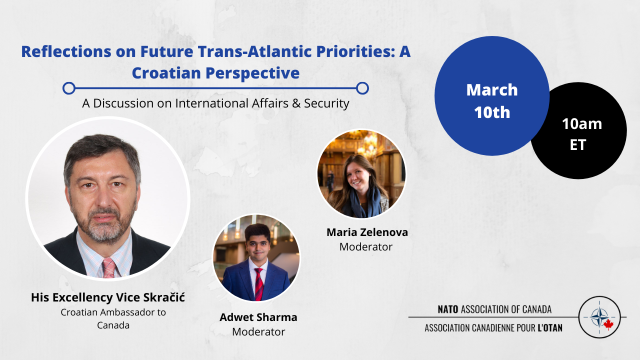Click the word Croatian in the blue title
tap(166, 73)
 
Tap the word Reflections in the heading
tap(66, 51)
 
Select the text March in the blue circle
tap(492, 90)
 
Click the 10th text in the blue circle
tap(492, 112)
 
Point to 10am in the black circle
tap(582, 124)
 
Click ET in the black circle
tap(578, 145)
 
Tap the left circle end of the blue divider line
tap(69, 88)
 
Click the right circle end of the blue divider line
tap(362, 88)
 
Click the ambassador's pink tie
tap(109, 268)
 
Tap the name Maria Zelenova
tap(367, 232)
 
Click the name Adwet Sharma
tap(258, 317)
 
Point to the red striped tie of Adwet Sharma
tap(259, 284)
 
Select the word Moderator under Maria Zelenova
tap(366, 247)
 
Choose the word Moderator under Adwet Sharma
tap(258, 332)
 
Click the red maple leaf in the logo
tap(608, 324)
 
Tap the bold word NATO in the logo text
tap(448, 309)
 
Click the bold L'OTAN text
tap(550, 328)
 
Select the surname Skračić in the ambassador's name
tap(164, 297)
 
